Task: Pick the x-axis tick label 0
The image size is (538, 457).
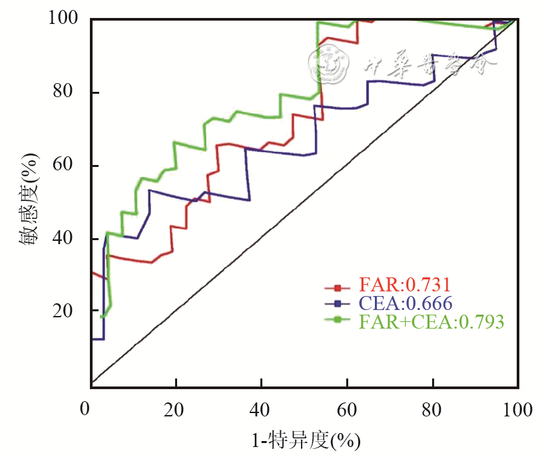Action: pos(85,408)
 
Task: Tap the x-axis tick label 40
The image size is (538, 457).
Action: pos(262,408)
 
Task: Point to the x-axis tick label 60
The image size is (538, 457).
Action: pos(347,408)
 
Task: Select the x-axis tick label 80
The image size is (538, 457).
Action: pos(433,408)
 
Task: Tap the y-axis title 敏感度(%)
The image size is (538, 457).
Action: pos(31,200)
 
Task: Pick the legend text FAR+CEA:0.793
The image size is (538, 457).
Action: pos(431,321)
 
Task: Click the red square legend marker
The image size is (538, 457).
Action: pos(337,288)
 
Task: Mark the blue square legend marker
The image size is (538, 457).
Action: pos(337,304)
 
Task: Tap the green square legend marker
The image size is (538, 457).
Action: pos(337,321)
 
